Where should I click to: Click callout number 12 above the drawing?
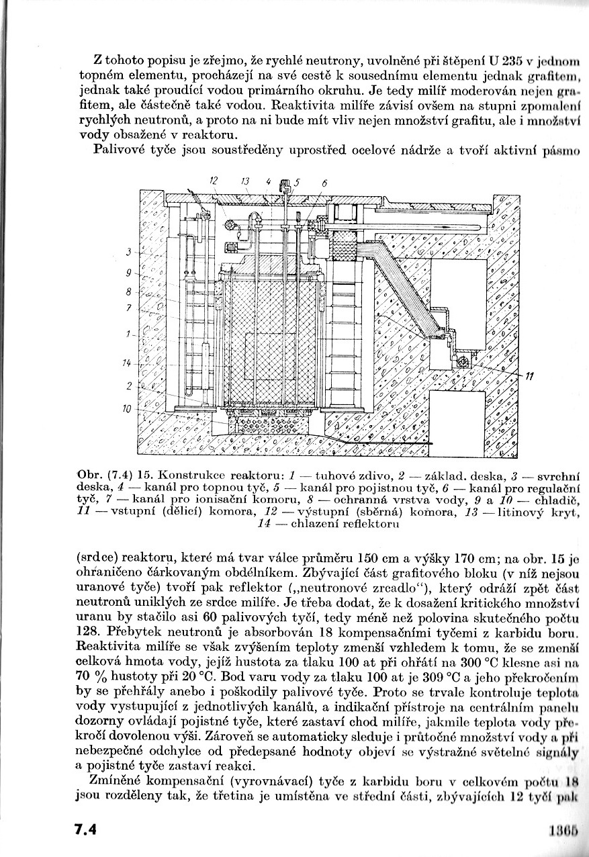coord(214,180)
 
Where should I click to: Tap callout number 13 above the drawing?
coord(246,180)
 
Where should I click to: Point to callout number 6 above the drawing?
coord(324,182)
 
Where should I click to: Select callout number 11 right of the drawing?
coord(529,377)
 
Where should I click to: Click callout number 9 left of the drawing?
coord(128,273)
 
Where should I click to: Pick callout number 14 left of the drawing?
coord(126,363)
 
